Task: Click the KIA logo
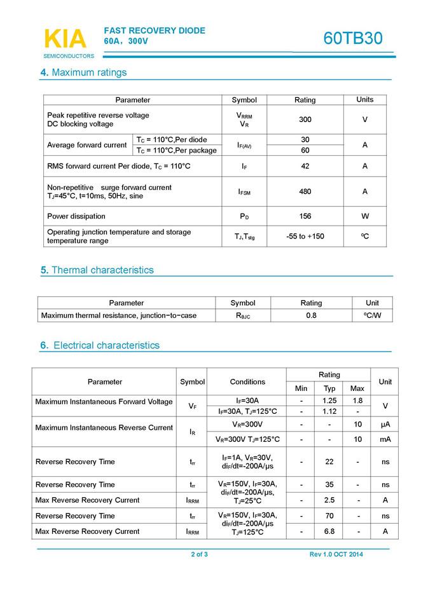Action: pos(65,39)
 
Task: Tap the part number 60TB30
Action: pos(353,38)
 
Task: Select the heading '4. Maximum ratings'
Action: pos(83,72)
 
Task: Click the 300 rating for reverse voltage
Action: pos(305,120)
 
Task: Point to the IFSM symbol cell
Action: pos(244,191)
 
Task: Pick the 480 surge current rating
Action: pos(305,191)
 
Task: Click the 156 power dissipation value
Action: pos(305,216)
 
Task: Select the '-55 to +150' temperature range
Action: pos(305,236)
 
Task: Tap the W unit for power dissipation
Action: pos(365,216)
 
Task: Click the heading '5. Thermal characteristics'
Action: pos(97,270)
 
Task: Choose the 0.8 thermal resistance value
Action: pos(311,315)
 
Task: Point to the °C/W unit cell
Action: pos(373,315)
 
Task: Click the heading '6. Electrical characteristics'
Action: pos(100,346)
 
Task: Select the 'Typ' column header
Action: pos(329,388)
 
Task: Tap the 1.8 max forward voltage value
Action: pos(357,401)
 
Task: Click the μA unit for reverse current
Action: pos(385,424)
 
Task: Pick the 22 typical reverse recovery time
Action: pos(329,462)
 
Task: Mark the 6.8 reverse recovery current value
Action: pos(329,531)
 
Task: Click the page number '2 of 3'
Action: pos(200,554)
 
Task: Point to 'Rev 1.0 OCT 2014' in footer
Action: pos(336,554)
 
